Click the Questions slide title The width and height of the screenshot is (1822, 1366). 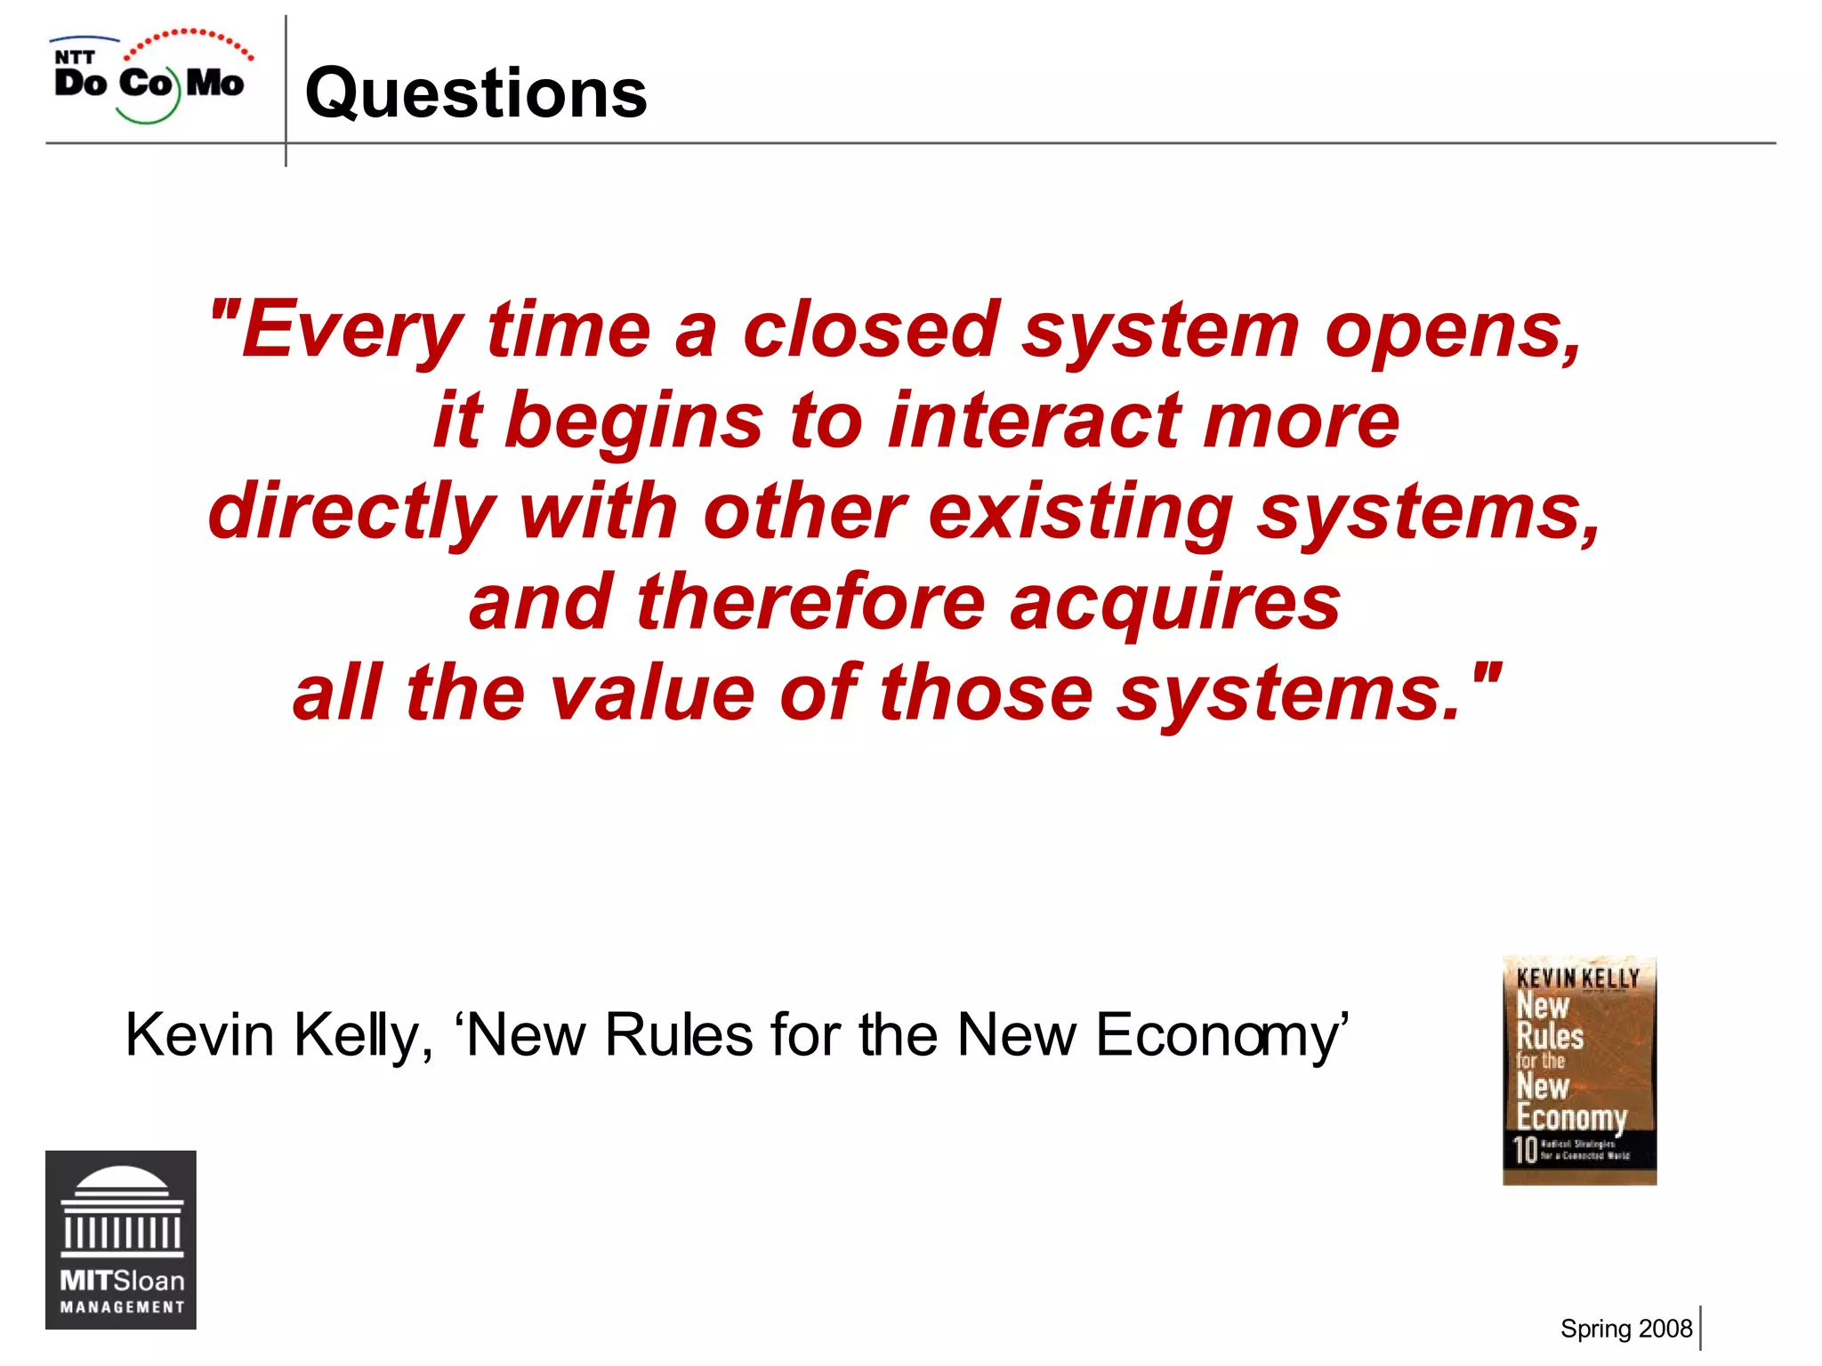[476, 93]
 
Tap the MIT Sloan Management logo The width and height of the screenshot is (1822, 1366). [121, 1240]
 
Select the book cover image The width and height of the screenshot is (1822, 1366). [1579, 1071]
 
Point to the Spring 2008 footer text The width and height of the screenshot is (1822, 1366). [1625, 1329]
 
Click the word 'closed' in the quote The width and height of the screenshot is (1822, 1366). [871, 330]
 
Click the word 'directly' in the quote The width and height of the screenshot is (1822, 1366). [351, 513]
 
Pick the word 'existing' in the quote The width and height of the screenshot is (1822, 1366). [1081, 513]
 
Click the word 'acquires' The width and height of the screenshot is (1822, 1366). [1174, 604]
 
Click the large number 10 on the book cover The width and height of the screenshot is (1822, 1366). [1526, 1149]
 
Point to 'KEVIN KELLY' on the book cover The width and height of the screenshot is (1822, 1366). [1578, 978]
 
